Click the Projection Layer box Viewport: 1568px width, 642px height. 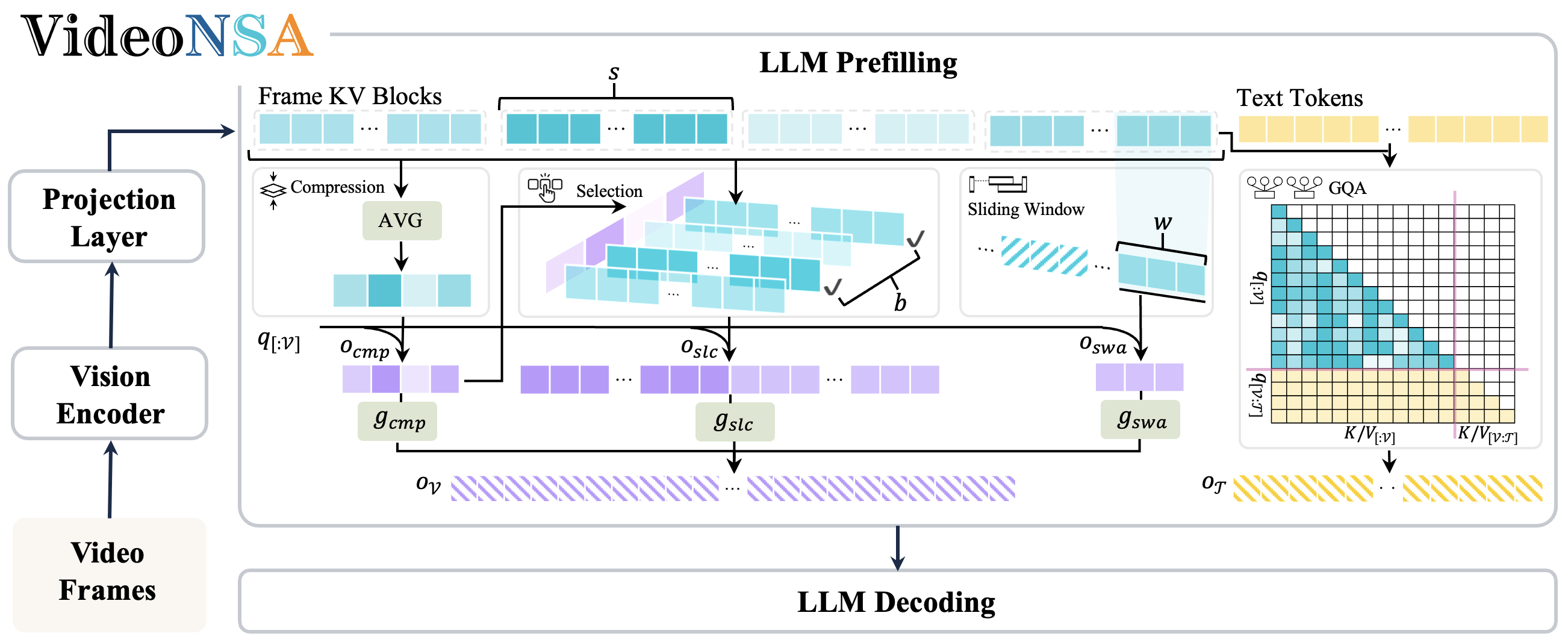[108, 217]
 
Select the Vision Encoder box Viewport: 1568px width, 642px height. [110, 394]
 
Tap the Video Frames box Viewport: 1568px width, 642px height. [108, 572]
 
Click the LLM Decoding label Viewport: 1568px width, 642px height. [896, 602]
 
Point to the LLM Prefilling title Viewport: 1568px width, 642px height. [857, 63]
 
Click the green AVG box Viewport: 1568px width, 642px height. [401, 220]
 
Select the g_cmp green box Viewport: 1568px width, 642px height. [397, 420]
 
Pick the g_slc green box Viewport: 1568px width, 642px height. [735, 421]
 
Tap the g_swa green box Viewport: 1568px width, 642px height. [1140, 420]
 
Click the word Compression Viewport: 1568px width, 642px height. [337, 187]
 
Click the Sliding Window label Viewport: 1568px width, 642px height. [1025, 210]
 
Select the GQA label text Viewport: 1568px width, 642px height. [1347, 188]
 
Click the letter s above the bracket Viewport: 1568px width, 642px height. [614, 73]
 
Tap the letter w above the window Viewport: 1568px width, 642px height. [1163, 222]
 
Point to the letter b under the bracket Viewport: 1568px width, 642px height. [900, 302]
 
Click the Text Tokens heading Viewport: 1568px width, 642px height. [1299, 98]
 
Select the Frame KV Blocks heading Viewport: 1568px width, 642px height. [349, 96]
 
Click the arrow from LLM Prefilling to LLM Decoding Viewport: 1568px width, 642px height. [897, 547]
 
